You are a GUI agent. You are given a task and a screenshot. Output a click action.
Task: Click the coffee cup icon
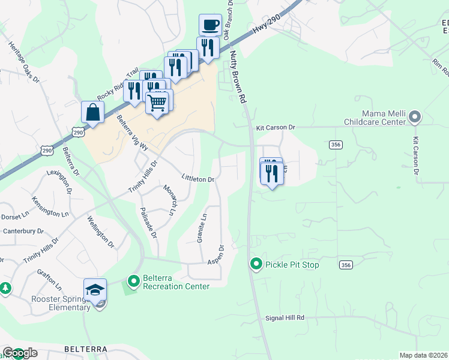coord(210,25)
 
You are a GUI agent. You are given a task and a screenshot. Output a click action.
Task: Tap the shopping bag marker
coord(93,112)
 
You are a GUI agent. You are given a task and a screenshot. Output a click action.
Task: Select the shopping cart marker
coord(157,102)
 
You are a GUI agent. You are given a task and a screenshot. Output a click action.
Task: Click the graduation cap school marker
coord(95,290)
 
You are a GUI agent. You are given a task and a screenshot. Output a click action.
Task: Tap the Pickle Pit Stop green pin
coord(256,264)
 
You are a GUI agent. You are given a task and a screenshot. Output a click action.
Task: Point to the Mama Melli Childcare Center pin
coord(414,117)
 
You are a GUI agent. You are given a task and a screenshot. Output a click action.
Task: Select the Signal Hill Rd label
coord(285,317)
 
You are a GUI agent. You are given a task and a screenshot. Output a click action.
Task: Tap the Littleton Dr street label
coord(198,179)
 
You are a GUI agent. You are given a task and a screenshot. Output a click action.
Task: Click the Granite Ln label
coord(202,229)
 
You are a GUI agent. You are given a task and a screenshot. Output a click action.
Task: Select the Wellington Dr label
coord(100,232)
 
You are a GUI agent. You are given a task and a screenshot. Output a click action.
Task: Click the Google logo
coord(20,353)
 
